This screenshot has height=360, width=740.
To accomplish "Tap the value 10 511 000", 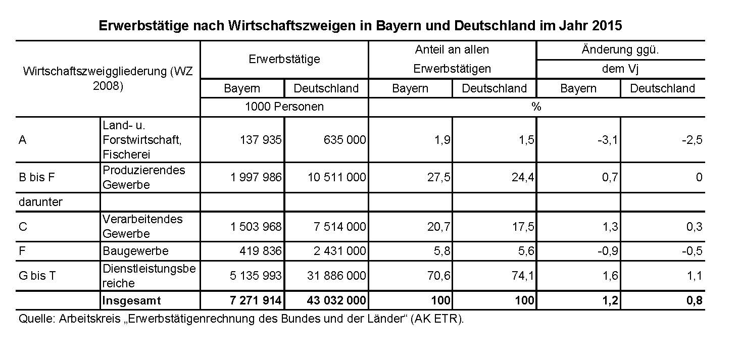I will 335,178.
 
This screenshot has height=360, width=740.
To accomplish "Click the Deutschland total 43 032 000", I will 336,301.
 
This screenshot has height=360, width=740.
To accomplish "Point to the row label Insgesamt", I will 131,301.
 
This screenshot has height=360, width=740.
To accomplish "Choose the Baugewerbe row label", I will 135,251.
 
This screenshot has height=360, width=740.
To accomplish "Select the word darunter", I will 40,202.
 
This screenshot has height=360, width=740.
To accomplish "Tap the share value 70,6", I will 440,276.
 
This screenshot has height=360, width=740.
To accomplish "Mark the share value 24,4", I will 524,178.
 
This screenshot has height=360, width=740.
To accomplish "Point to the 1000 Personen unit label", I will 284,107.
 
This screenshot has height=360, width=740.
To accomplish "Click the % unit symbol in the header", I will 536,107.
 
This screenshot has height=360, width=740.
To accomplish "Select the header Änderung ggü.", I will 621,50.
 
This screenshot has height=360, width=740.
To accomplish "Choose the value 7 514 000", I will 338,227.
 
